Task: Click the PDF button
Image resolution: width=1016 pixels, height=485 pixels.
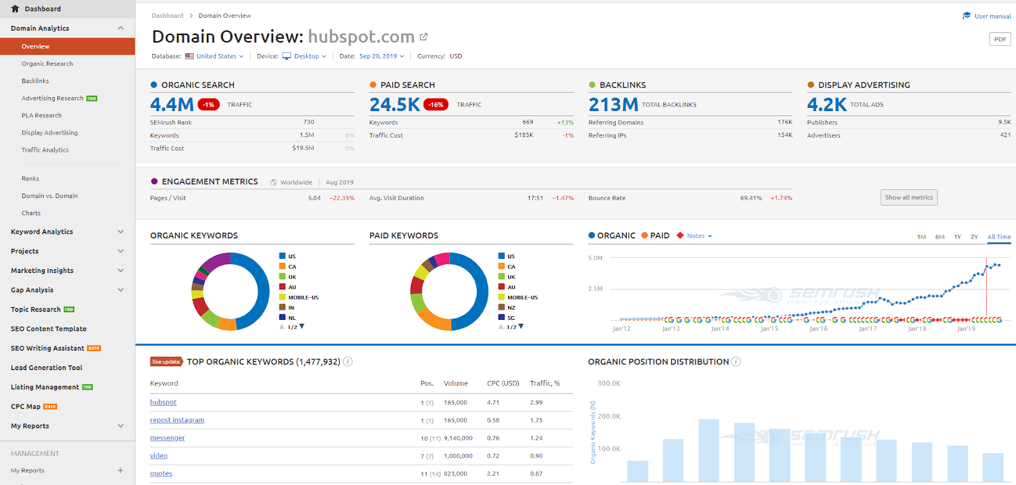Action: tap(999, 39)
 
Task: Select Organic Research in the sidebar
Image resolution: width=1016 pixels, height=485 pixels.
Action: tap(47, 63)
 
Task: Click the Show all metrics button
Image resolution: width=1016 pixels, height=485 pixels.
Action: tap(909, 197)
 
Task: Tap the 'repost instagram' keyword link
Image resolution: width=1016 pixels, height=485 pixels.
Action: tap(177, 420)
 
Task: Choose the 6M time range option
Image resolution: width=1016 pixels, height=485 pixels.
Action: tap(940, 237)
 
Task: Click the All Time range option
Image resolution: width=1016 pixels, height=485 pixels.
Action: tap(999, 237)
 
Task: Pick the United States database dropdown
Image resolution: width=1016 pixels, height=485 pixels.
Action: tap(216, 56)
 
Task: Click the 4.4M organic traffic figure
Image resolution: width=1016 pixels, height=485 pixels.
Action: tap(171, 104)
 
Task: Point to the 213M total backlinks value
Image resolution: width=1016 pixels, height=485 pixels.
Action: tap(613, 104)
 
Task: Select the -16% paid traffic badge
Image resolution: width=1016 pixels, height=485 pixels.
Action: tap(436, 105)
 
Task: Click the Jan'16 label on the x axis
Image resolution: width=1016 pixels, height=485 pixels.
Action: tap(819, 329)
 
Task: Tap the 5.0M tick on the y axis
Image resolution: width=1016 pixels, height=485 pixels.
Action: tap(595, 258)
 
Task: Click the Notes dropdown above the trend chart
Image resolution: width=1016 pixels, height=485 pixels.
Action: tap(698, 236)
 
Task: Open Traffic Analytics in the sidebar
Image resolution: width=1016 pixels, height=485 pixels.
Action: tap(45, 150)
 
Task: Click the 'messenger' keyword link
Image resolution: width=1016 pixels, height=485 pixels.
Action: tap(168, 438)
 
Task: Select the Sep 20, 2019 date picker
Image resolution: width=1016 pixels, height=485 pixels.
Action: tap(381, 56)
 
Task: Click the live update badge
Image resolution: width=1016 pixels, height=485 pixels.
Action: tap(166, 362)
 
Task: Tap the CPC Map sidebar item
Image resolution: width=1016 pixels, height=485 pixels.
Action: tap(26, 406)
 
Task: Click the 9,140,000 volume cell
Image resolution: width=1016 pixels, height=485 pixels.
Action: tap(458, 438)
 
